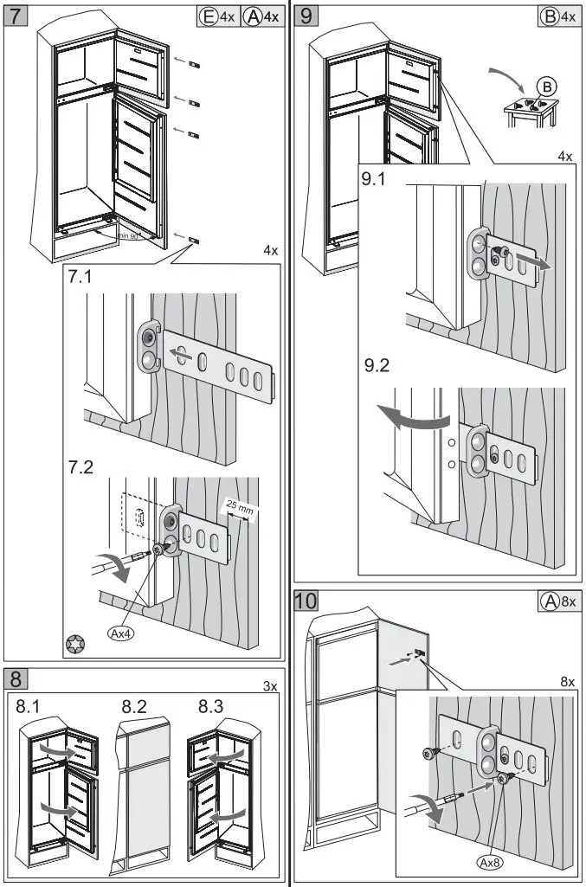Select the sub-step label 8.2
(135, 707)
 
